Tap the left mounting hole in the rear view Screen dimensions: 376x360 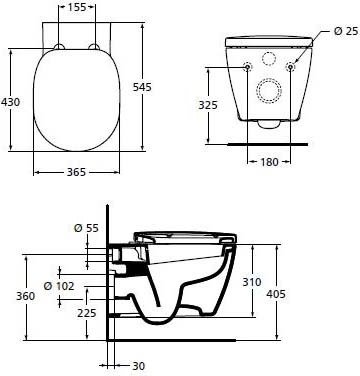coord(247,66)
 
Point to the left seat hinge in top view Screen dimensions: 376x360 coord(60,47)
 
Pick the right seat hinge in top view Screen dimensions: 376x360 coord(96,47)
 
